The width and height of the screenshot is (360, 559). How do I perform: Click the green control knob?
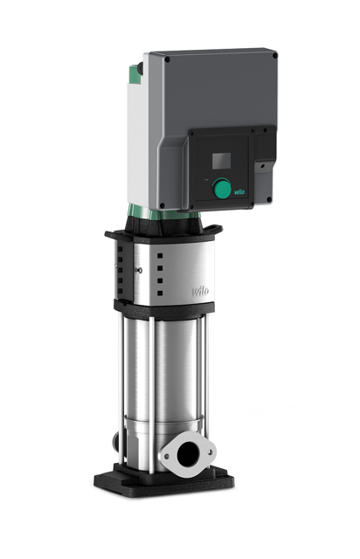click(221, 188)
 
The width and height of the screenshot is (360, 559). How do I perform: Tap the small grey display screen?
click(221, 161)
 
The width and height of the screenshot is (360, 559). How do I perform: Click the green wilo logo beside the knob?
click(239, 192)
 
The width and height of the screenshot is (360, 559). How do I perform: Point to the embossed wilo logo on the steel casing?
click(200, 291)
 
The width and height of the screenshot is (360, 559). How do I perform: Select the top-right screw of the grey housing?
click(274, 56)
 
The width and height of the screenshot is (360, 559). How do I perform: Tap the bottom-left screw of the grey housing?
click(163, 205)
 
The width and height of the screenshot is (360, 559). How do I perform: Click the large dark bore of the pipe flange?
click(187, 456)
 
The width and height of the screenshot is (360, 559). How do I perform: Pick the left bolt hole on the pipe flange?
click(166, 455)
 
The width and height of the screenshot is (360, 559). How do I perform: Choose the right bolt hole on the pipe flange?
click(211, 452)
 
